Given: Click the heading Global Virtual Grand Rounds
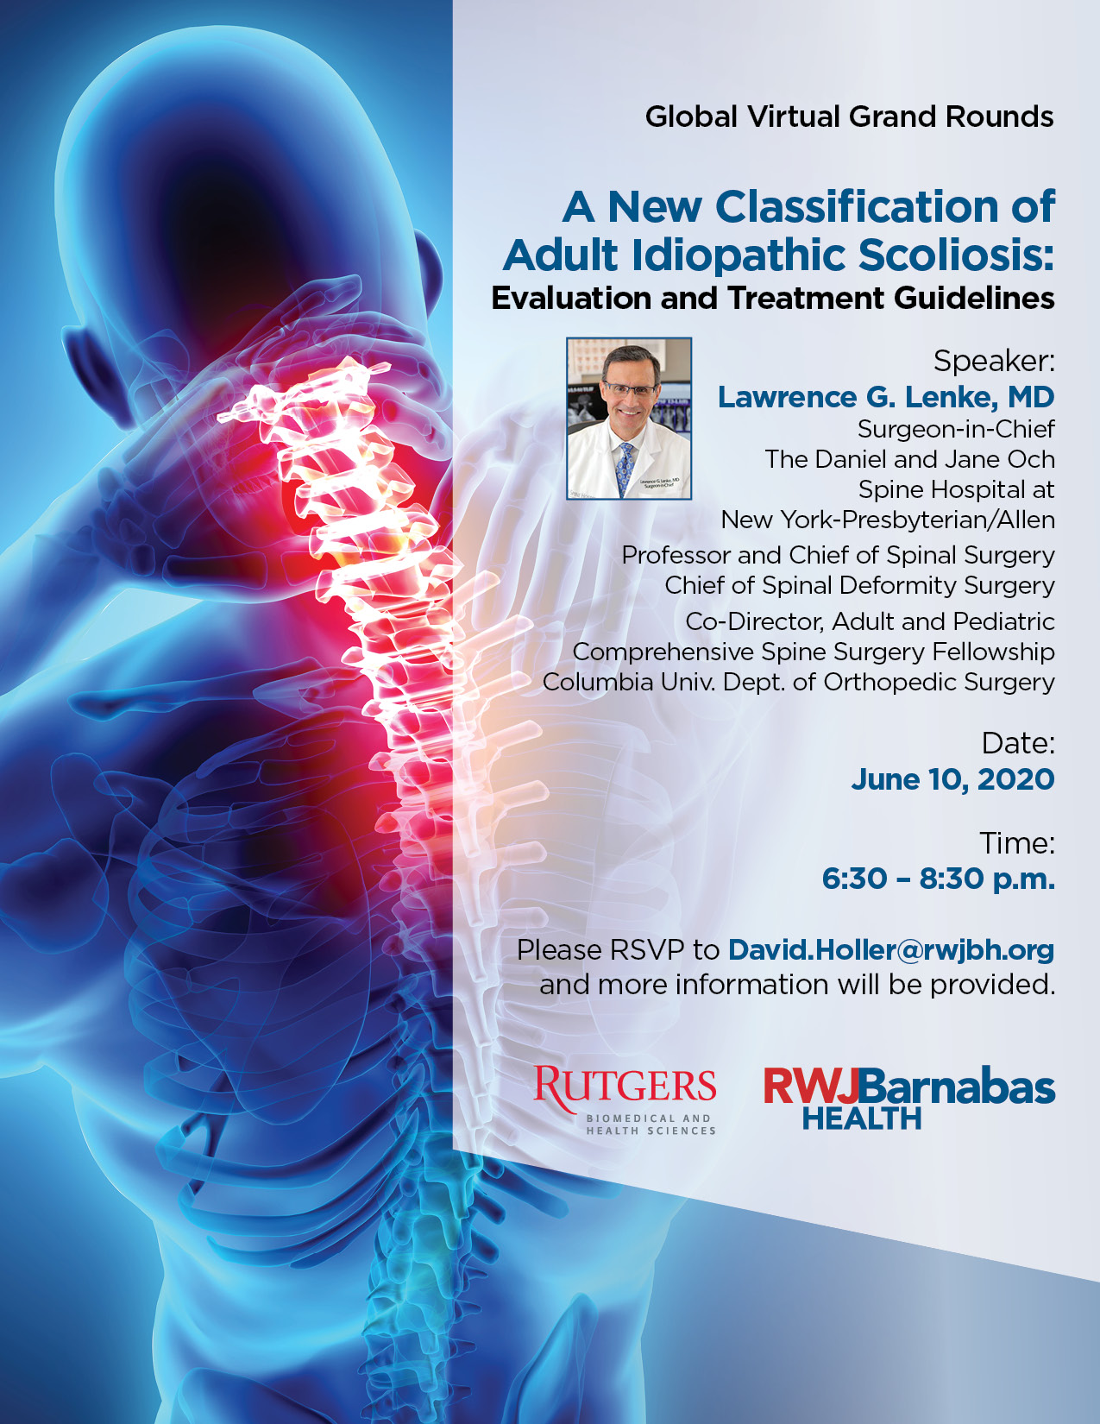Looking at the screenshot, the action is (849, 117).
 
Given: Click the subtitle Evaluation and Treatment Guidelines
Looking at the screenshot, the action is (773, 298).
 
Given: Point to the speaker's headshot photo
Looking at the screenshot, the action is (629, 419).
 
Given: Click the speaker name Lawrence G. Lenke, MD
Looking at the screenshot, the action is (886, 397).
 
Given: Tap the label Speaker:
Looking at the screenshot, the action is (994, 361).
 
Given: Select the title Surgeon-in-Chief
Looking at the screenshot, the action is (956, 430).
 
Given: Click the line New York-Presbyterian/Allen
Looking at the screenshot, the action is (888, 520).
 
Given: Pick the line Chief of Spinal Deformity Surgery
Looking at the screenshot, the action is (859, 585).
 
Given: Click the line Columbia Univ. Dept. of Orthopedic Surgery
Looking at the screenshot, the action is (799, 682).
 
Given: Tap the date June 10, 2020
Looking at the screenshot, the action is (952, 780).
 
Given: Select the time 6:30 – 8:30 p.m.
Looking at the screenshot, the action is (938, 879).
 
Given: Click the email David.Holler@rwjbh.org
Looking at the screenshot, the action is (891, 950).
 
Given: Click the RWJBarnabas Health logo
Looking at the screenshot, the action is (909, 1098).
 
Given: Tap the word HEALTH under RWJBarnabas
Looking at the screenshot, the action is (862, 1118).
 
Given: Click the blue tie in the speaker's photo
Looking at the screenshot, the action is (625, 469).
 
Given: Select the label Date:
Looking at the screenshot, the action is (1017, 743).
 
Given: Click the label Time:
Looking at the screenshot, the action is (1017, 842).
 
